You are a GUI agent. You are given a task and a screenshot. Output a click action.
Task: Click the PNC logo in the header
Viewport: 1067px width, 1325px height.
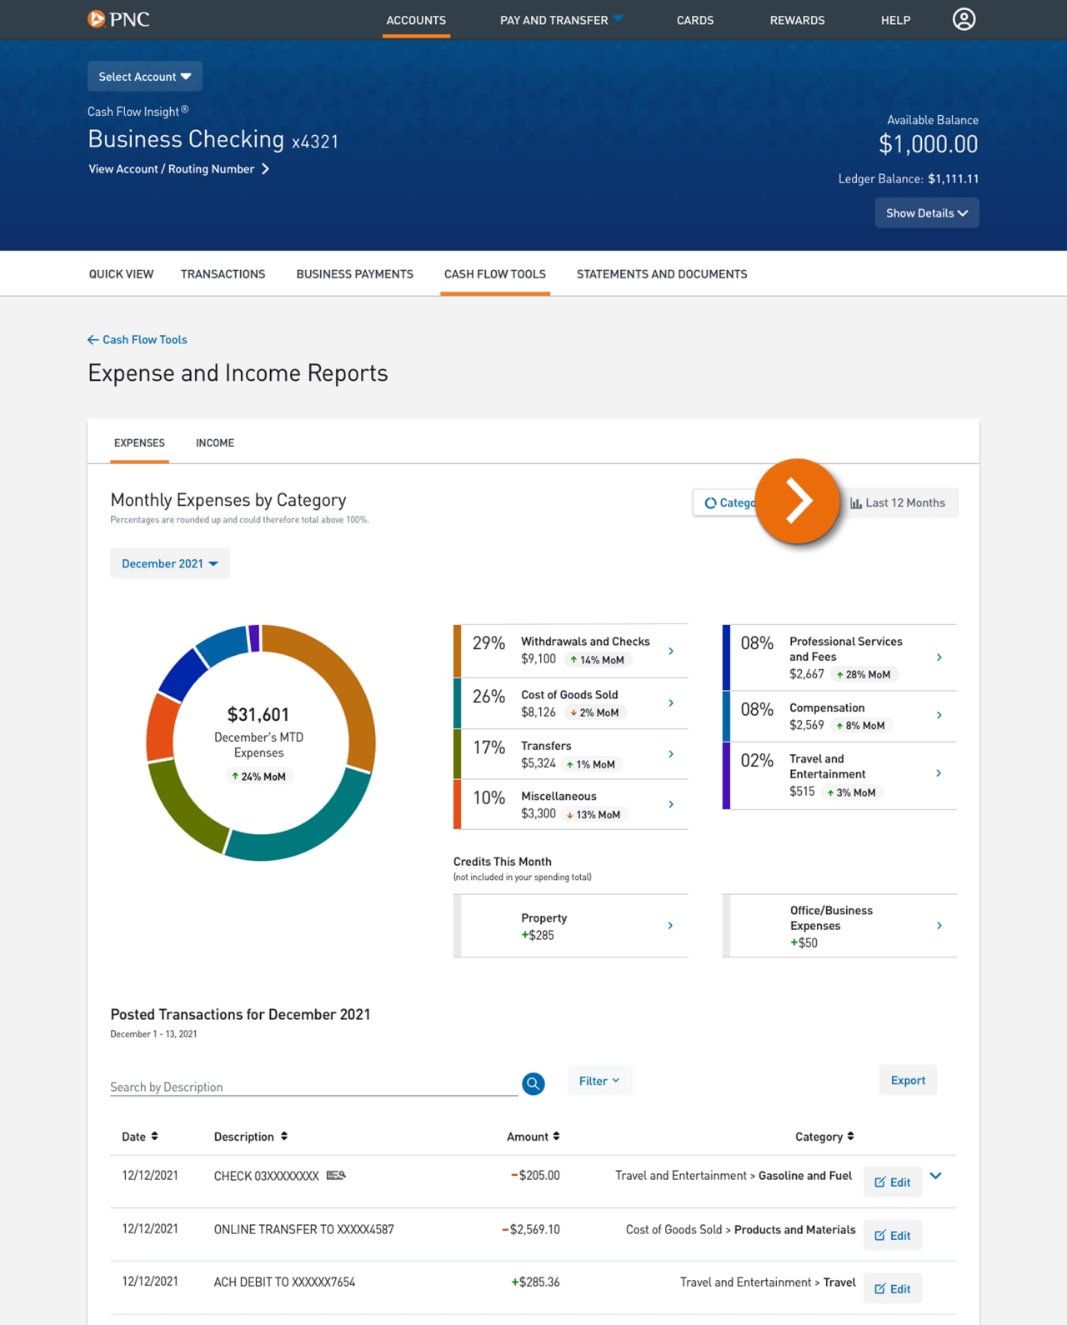click(118, 19)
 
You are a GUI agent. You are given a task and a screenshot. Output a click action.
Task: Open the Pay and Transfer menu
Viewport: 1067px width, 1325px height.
click(560, 20)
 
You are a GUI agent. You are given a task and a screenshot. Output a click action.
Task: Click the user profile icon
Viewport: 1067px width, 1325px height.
click(964, 19)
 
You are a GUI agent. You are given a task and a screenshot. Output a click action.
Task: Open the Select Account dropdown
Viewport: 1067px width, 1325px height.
click(144, 77)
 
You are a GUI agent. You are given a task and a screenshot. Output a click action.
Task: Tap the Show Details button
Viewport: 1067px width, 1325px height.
click(926, 213)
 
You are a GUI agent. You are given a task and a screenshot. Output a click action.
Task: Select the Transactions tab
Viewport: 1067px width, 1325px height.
click(223, 274)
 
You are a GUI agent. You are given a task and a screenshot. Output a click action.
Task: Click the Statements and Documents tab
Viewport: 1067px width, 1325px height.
click(661, 274)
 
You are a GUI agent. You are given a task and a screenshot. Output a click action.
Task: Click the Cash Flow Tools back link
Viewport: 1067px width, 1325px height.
click(138, 340)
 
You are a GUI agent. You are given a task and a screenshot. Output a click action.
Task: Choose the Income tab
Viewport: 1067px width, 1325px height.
click(214, 443)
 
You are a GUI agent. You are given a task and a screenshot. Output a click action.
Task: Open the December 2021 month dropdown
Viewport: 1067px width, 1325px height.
click(169, 564)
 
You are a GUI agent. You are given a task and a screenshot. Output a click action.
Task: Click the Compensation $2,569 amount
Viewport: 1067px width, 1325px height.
click(806, 725)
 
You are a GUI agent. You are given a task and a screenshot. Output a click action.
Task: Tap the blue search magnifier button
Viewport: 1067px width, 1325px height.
click(533, 1083)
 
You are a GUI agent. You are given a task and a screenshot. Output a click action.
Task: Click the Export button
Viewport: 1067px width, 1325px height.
click(908, 1081)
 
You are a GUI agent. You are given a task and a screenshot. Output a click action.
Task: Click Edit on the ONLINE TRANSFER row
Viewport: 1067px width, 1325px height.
click(892, 1236)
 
